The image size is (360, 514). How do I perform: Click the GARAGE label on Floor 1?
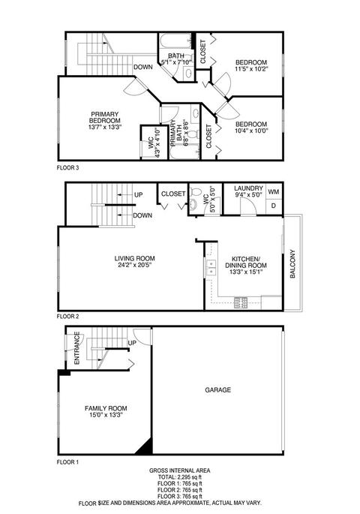point(217,389)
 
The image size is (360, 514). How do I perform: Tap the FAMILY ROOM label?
point(106,408)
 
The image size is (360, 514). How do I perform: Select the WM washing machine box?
point(274,191)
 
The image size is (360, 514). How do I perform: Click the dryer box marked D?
point(274,206)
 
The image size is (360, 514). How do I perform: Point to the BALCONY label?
point(292,264)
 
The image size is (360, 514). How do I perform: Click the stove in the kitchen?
point(241,302)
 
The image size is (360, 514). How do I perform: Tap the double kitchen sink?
point(210,268)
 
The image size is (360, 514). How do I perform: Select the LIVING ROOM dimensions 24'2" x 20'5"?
point(135,265)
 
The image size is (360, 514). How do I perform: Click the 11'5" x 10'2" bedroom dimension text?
point(251,69)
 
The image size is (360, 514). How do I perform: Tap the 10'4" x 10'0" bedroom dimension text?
point(251,131)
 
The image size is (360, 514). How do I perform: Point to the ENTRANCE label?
point(77,348)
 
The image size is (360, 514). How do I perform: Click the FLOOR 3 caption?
point(67,168)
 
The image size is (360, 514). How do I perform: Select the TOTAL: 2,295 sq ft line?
point(180,477)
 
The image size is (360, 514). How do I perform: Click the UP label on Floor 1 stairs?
point(132,343)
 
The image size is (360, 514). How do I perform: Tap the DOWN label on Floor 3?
point(142,68)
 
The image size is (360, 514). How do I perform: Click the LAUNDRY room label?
point(249,188)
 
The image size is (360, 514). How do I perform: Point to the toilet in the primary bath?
point(193,134)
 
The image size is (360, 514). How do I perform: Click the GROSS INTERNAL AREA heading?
point(180,470)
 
